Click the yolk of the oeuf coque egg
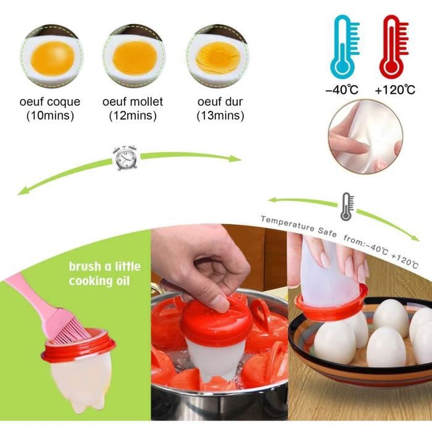(x=53, y=58)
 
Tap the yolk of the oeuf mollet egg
(x=135, y=58)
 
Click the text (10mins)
(x=50, y=116)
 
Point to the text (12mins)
(x=133, y=116)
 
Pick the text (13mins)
(x=220, y=116)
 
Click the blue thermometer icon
(x=345, y=47)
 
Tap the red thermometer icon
(x=394, y=47)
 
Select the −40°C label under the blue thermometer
(x=342, y=90)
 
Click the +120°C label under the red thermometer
(x=395, y=90)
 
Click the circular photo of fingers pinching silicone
(x=365, y=136)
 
